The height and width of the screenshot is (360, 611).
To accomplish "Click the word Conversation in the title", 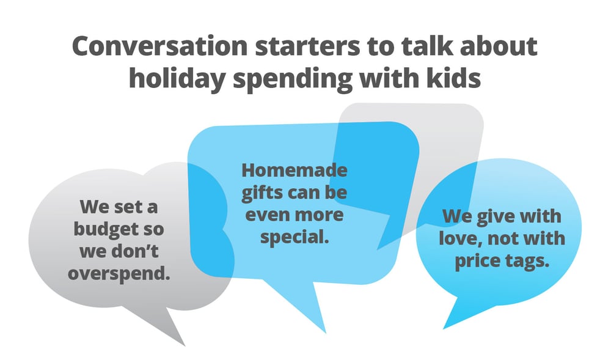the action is click(x=159, y=46).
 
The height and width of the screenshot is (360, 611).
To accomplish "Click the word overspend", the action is click(x=119, y=274).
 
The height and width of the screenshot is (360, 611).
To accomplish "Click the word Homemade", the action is click(x=295, y=171).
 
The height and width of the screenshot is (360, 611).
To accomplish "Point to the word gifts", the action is click(x=261, y=194).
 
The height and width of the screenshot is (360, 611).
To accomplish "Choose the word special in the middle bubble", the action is click(x=295, y=238).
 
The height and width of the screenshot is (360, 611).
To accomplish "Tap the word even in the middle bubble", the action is click(x=265, y=215).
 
